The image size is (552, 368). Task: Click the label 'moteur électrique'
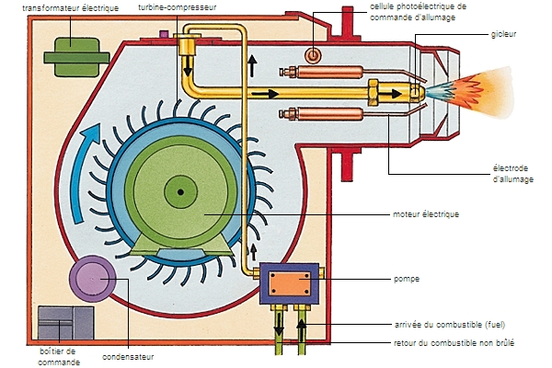[425, 214]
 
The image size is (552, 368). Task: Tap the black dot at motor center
[181, 192]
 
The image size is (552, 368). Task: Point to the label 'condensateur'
[128, 357]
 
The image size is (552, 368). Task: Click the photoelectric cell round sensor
[313, 56]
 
